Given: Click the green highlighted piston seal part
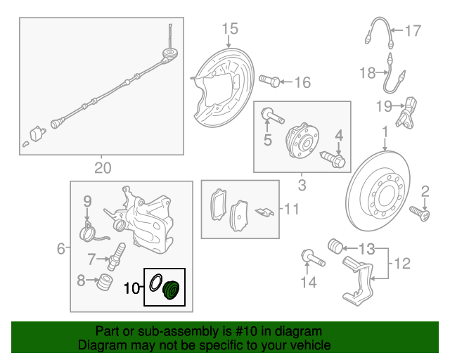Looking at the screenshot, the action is (x=171, y=290).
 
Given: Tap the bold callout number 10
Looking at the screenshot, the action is (x=131, y=288).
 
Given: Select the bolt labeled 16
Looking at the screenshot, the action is (x=269, y=81).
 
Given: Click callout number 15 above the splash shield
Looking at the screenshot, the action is (x=230, y=29).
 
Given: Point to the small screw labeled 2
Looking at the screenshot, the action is (x=420, y=213).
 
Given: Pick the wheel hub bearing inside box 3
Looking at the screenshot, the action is (x=302, y=140).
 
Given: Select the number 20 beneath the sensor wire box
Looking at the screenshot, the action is (x=103, y=168).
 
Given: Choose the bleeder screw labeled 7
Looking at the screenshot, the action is (x=116, y=257).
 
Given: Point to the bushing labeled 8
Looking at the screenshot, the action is (x=105, y=282).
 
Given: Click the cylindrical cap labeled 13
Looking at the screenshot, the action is (x=335, y=246).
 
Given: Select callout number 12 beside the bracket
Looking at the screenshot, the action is (x=402, y=263).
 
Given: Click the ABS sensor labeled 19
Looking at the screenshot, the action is (x=406, y=112).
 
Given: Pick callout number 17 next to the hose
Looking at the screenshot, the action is (x=413, y=30).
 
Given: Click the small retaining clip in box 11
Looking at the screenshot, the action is (x=264, y=212).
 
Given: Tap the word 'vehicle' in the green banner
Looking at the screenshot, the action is (x=311, y=345).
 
